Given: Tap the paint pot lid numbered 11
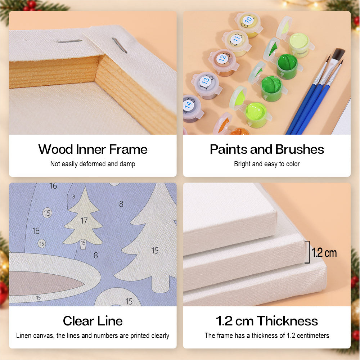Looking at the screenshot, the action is click(x=237, y=39).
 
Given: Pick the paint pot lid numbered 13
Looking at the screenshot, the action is click(x=206, y=81).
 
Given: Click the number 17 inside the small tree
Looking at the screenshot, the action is click(x=84, y=221).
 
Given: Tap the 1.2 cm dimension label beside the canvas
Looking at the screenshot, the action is click(x=324, y=253).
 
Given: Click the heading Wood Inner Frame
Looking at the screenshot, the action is click(x=93, y=149).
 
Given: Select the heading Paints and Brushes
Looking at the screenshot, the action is click(x=267, y=149).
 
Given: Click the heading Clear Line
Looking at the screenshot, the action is click(x=93, y=321).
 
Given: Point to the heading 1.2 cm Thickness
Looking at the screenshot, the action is click(x=267, y=321).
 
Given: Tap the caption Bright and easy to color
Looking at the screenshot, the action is click(x=267, y=164).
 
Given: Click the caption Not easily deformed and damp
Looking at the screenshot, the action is click(x=93, y=164).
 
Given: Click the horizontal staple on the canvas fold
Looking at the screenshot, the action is click(x=69, y=41).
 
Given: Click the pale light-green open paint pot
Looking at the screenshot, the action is click(x=299, y=45).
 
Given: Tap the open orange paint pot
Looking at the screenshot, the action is click(x=239, y=131).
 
